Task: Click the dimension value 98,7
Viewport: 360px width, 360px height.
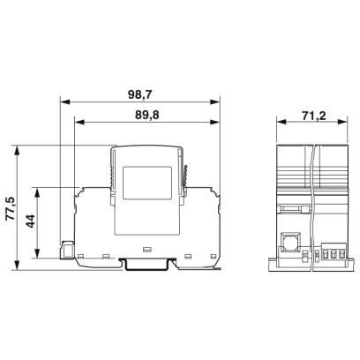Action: (139, 94)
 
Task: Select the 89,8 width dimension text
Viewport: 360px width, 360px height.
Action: (147, 116)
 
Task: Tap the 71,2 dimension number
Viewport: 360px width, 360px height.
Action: (314, 116)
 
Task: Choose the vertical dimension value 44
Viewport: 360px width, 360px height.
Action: (31, 221)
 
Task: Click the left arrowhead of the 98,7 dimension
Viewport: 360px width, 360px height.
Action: (64, 102)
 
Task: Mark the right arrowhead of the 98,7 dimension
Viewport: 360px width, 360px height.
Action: (215, 102)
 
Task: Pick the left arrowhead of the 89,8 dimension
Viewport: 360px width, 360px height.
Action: (79, 122)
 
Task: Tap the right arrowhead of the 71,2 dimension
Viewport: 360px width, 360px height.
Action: (343, 122)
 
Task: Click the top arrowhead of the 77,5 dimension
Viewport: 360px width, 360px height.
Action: (17, 150)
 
